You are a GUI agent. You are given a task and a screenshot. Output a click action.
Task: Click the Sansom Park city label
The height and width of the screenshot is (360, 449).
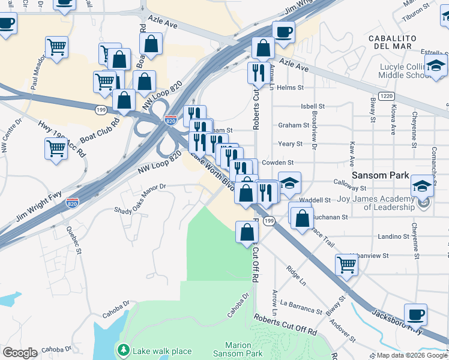[x=380, y=176]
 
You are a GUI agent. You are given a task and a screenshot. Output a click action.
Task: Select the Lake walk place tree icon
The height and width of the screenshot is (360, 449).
[x=123, y=350]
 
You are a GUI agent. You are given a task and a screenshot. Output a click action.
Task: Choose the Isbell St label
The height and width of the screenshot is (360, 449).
[x=312, y=106]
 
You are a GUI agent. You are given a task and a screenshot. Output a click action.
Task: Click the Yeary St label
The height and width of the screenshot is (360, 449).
[x=290, y=144]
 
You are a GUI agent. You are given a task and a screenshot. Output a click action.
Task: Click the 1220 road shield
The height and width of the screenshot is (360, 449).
[x=387, y=96]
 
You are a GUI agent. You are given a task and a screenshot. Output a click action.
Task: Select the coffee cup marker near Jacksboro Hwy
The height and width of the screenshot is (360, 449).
[x=415, y=314]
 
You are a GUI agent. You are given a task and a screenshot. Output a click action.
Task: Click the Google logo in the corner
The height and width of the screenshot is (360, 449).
[x=19, y=353]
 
